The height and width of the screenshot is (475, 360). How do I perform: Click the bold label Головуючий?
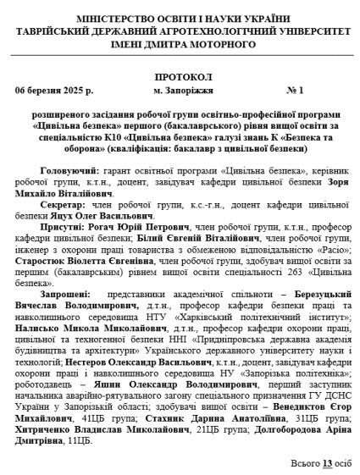(x=69, y=170)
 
